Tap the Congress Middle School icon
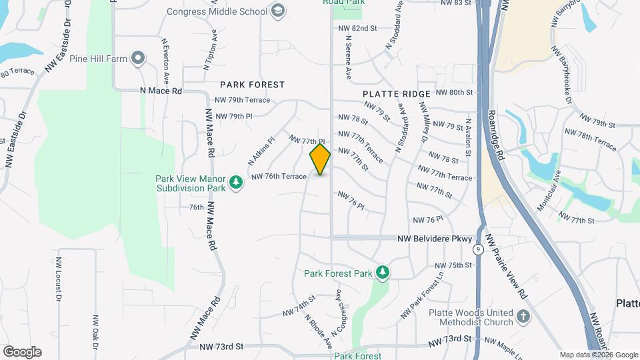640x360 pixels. pyautogui.click(x=278, y=11)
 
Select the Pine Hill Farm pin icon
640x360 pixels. pyautogui.click(x=137, y=59)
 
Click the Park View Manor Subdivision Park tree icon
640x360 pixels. pyautogui.click(x=235, y=182)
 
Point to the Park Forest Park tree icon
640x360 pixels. pyautogui.click(x=382, y=273)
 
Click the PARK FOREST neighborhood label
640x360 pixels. pyautogui.click(x=253, y=85)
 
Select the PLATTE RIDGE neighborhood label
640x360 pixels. pyautogui.click(x=397, y=94)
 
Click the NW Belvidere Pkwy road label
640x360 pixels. pyautogui.click(x=435, y=239)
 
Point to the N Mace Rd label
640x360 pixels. pyautogui.click(x=161, y=90)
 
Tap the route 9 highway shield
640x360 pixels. pyautogui.click(x=479, y=249)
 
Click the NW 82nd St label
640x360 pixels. pyautogui.click(x=358, y=29)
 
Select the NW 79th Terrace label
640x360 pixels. pyautogui.click(x=243, y=100)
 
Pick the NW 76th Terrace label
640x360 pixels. pyautogui.click(x=279, y=177)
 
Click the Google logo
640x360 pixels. pyautogui.click(x=22, y=352)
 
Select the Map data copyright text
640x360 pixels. pyautogui.click(x=598, y=355)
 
